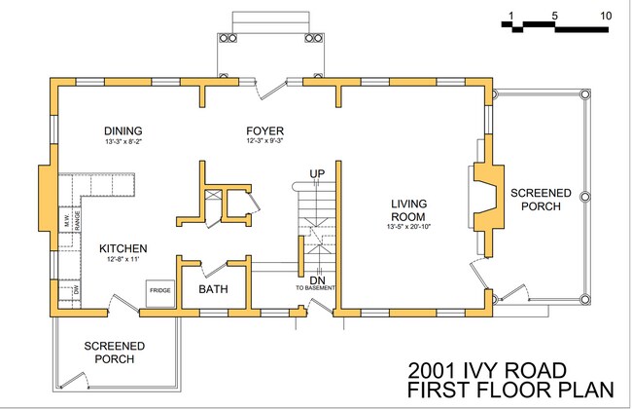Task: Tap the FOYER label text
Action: [264, 130]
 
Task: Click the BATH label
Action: [214, 289]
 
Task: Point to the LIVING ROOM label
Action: [409, 209]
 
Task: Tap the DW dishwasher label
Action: [76, 290]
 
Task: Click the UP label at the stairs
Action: [316, 173]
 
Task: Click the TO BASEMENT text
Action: [316, 288]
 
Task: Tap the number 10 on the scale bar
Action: [606, 17]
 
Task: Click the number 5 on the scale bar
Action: [554, 17]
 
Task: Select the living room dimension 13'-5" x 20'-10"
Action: [409, 228]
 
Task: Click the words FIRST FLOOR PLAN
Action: [511, 390]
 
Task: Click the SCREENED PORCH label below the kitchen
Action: [115, 352]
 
